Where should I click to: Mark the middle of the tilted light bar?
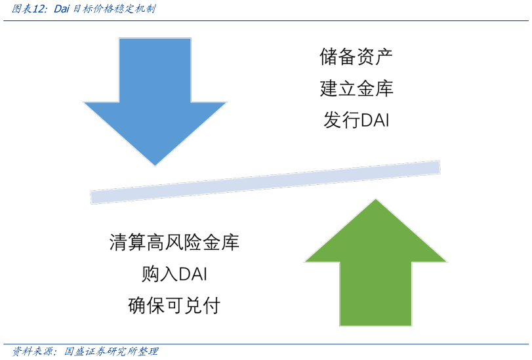[x=265, y=182]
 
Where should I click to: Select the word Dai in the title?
[x=62, y=9]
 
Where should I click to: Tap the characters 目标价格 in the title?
[x=92, y=9]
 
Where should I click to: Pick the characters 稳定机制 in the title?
[x=134, y=9]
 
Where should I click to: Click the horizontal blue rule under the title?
[x=266, y=21]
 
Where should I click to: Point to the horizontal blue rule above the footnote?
[x=266, y=344]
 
